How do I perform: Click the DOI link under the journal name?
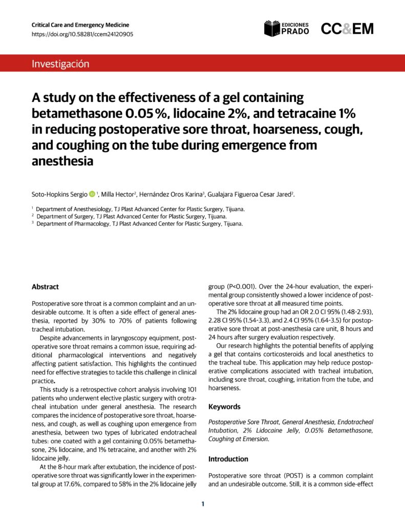pyautogui.click(x=82, y=34)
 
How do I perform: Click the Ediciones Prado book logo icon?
pyautogui.click(x=272, y=29)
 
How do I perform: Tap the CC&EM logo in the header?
pyautogui.click(x=347, y=29)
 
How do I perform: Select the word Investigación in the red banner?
pyautogui.click(x=60, y=64)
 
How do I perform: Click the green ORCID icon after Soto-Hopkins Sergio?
pyautogui.click(x=92, y=194)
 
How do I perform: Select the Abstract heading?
pyautogui.click(x=45, y=287)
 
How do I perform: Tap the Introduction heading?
pyautogui.click(x=228, y=459)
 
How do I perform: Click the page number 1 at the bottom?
pyautogui.click(x=203, y=504)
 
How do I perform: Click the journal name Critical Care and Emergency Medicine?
pyautogui.click(x=80, y=25)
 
